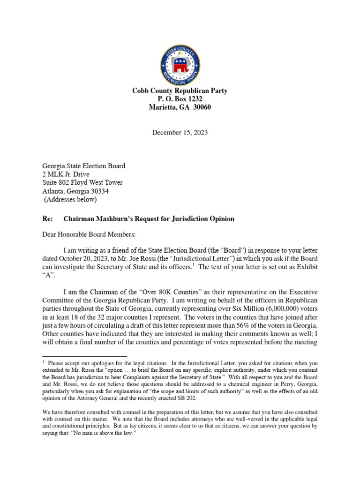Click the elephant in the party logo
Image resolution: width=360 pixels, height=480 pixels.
pyautogui.click(x=180, y=66)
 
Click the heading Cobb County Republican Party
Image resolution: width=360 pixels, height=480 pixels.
pyautogui.click(x=180, y=91)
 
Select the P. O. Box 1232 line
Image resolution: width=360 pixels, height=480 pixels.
pyautogui.click(x=180, y=99)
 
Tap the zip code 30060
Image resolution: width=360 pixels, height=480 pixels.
pyautogui.click(x=202, y=107)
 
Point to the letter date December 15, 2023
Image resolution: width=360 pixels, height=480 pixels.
pyautogui.click(x=180, y=133)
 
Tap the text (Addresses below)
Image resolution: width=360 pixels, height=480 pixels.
pyautogui.click(x=70, y=200)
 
